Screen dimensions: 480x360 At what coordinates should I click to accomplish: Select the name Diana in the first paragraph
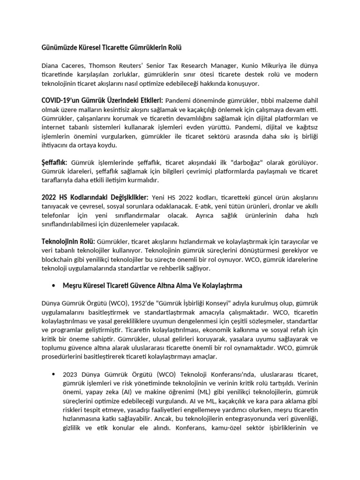[51, 66]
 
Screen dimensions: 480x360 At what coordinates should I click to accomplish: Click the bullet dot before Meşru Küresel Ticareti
[53, 285]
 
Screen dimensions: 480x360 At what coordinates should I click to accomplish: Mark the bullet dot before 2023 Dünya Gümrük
[53, 374]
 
